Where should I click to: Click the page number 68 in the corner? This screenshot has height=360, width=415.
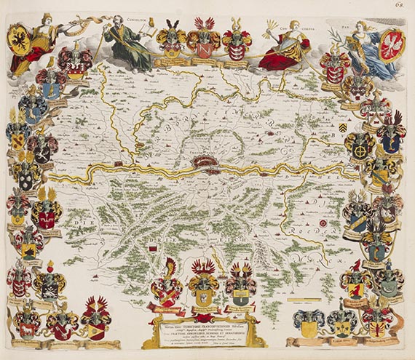[x=401, y=7]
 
